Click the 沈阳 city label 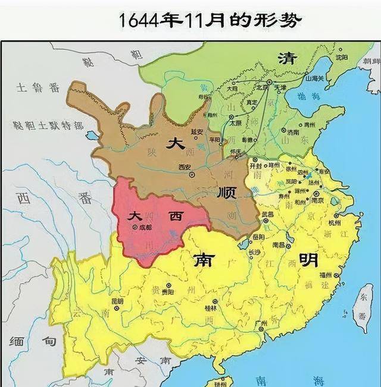[x=341, y=58]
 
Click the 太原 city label [x=235, y=123]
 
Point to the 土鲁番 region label [x=39, y=89]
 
